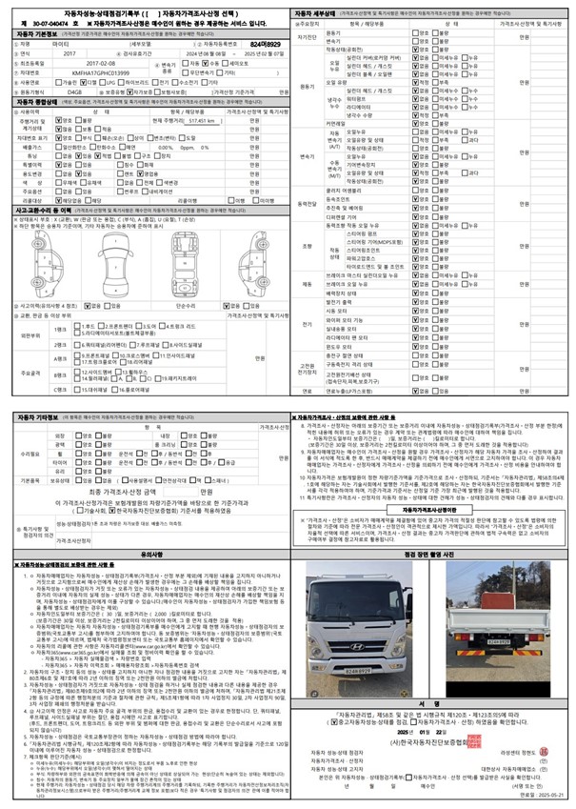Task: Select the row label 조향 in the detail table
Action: coord(307,245)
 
